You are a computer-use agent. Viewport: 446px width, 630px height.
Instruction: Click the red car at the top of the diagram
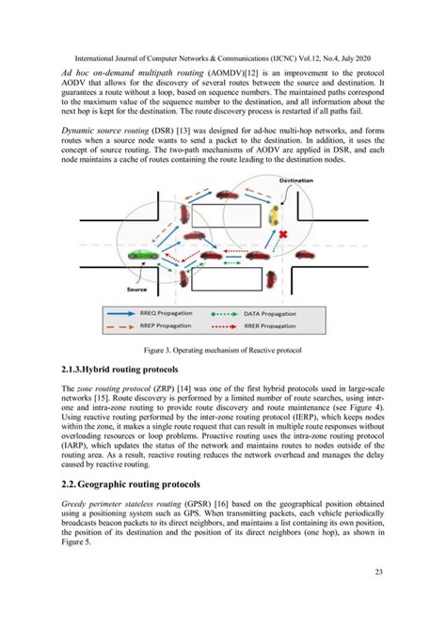pos(227,195)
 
